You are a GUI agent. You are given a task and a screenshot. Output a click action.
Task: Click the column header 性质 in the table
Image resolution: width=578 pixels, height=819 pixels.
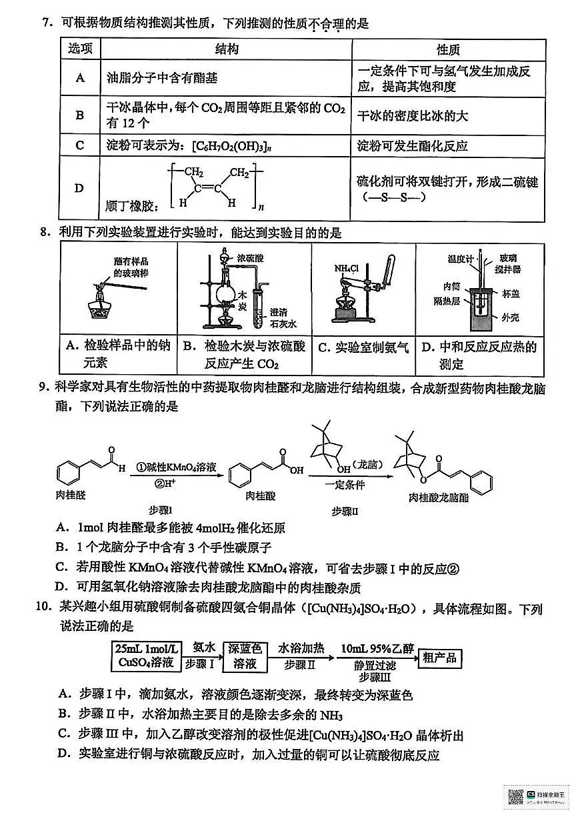pyautogui.click(x=448, y=50)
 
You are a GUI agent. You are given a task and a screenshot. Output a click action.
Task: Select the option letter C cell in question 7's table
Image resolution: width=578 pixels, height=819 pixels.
pyautogui.click(x=80, y=145)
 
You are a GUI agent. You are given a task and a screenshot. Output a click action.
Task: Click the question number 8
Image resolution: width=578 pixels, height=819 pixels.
pyautogui.click(x=45, y=233)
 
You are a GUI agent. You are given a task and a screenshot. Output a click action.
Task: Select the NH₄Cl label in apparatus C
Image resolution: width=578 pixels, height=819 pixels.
pyautogui.click(x=347, y=268)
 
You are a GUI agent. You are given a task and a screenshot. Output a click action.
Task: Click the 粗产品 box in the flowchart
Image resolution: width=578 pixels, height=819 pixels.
pyautogui.click(x=440, y=657)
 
